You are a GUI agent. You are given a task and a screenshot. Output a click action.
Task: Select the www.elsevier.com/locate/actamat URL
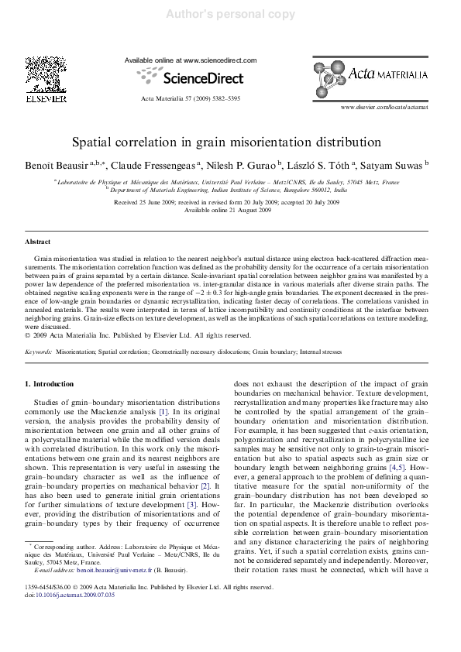pyautogui.click(x=384, y=107)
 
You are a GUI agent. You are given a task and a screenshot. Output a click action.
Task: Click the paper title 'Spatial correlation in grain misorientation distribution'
pyautogui.click(x=230, y=143)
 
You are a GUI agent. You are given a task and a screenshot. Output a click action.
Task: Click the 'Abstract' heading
pyautogui.click(x=38, y=242)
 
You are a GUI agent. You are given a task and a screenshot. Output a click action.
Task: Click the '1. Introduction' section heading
pyautogui.click(x=50, y=383)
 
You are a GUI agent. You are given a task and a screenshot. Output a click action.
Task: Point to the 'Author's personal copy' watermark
pyautogui.click(x=230, y=14)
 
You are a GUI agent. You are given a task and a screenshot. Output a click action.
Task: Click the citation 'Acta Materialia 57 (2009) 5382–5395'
pyautogui.click(x=190, y=99)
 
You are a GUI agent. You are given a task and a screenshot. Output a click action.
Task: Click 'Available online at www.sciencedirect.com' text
pyautogui.click(x=190, y=60)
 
